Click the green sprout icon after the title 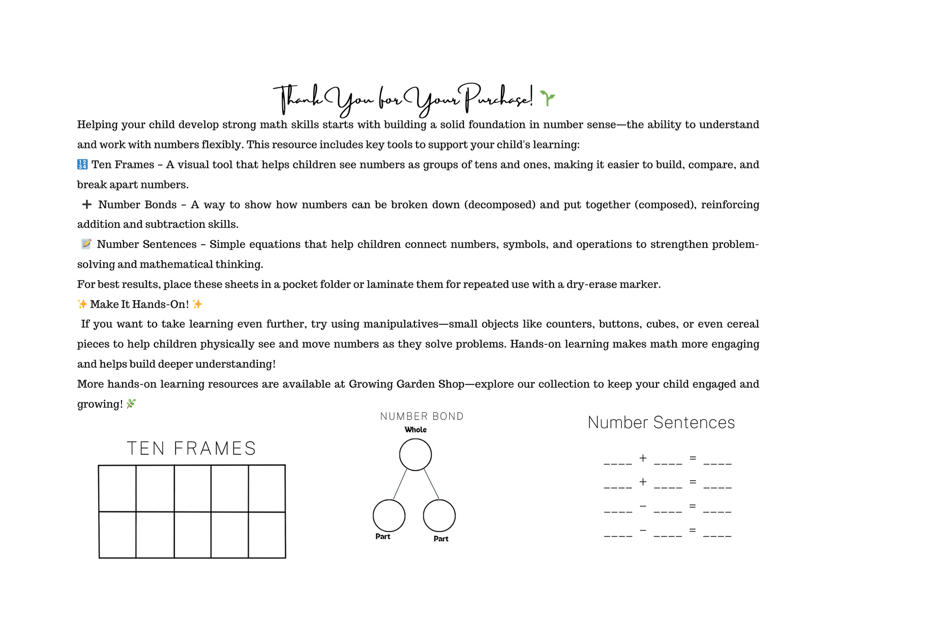point(547,98)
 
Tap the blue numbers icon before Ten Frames point(82,165)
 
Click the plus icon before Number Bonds point(87,204)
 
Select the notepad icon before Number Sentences point(86,244)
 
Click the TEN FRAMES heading point(191,449)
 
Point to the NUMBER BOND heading point(422,417)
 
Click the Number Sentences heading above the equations point(661,422)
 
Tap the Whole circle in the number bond point(415,454)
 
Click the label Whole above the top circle point(415,430)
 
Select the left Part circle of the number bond point(389,516)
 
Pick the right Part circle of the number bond point(439,516)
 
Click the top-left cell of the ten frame point(117,488)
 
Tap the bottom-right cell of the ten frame point(267,535)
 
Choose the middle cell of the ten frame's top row point(192,488)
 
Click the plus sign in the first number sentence point(643,458)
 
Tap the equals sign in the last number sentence point(692,530)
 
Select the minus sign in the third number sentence point(643,506)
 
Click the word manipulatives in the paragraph point(400,324)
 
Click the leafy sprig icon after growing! point(131,404)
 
